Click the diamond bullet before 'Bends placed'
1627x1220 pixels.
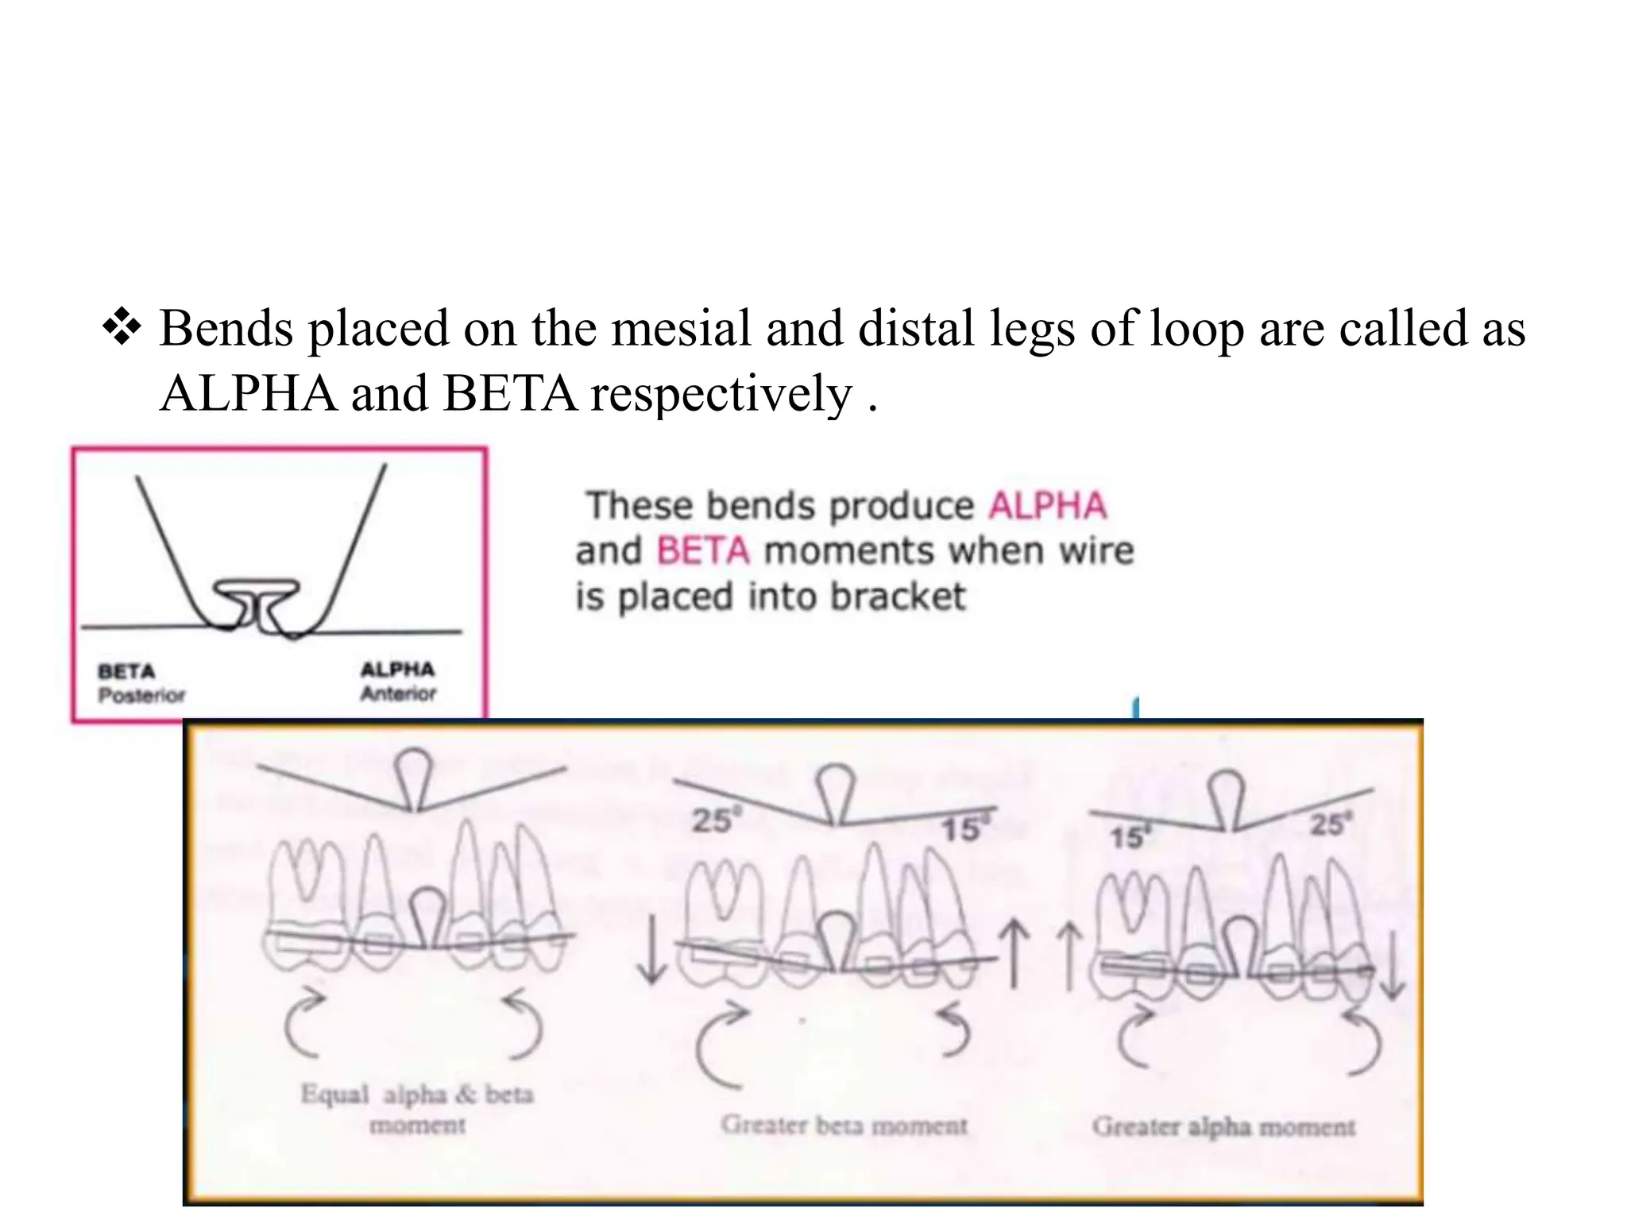(x=122, y=329)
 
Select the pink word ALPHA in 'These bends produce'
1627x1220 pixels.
(x=1047, y=506)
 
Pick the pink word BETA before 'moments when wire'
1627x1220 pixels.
(x=703, y=551)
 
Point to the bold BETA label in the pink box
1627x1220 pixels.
(x=126, y=672)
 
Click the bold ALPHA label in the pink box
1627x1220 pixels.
(x=397, y=670)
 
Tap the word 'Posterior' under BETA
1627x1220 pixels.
(x=141, y=696)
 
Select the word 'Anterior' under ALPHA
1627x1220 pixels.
(x=398, y=693)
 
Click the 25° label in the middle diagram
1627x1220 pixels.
(x=712, y=820)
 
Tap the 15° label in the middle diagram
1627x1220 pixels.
(x=962, y=830)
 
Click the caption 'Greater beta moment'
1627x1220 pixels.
(x=844, y=1125)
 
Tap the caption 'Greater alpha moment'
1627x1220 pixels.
(x=1223, y=1126)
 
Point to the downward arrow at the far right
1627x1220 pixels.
(x=1391, y=965)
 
